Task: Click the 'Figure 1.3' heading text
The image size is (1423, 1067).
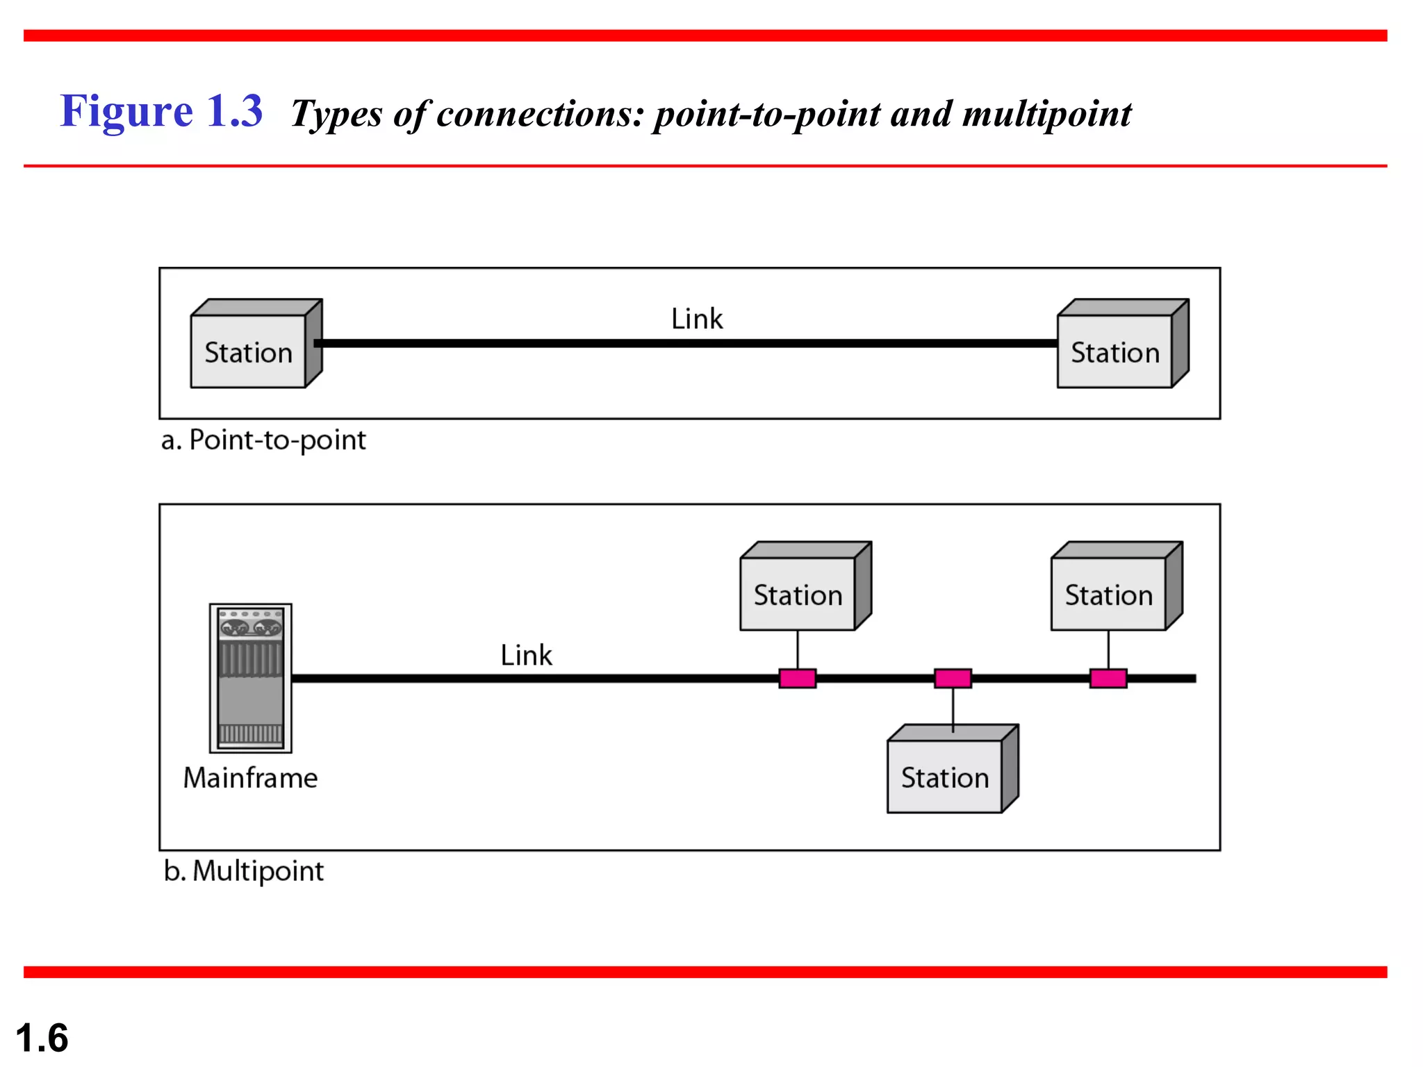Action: point(161,111)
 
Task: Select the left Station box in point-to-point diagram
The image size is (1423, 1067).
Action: point(249,351)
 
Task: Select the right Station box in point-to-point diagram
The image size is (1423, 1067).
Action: point(1114,351)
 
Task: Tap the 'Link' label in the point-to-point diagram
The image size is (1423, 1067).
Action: point(696,319)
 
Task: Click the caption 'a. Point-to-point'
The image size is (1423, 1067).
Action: point(263,440)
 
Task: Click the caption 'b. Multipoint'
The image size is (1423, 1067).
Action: point(244,870)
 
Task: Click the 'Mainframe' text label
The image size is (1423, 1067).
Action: point(250,777)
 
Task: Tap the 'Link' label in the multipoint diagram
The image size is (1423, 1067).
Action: point(526,655)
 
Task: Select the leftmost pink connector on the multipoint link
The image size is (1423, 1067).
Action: point(797,678)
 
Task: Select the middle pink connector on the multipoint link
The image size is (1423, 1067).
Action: point(953,678)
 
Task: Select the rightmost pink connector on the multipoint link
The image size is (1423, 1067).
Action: point(1108,678)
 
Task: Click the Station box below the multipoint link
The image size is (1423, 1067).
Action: point(945,776)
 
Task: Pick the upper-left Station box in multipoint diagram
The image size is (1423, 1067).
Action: point(798,594)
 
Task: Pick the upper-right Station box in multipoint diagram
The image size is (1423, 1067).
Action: point(1109,594)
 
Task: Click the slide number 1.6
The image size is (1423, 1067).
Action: point(42,1038)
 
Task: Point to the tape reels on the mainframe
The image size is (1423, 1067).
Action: point(250,628)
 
